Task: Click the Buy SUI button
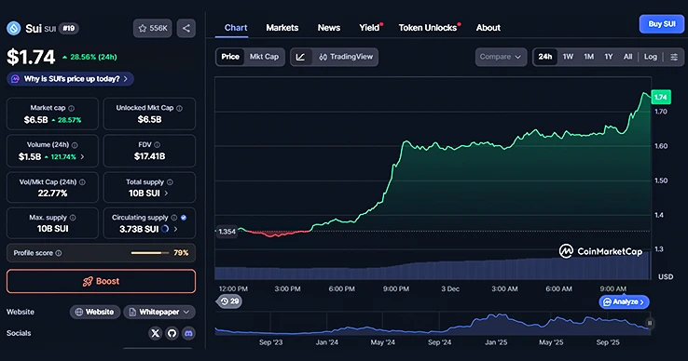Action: coord(661,24)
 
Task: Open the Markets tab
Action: coord(282,28)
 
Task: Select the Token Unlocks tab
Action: coord(429,28)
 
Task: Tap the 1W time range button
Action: coord(568,57)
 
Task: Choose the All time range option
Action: coord(628,57)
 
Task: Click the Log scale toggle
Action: coord(650,57)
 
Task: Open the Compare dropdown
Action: coord(501,57)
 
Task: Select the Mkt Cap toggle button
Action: coord(264,57)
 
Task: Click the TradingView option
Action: coord(346,57)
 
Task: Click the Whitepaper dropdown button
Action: coord(159,312)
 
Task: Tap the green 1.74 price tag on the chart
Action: coord(661,97)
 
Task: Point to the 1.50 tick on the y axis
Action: coord(661,180)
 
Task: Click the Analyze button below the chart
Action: coord(624,301)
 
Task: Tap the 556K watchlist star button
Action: coord(152,28)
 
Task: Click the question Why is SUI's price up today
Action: coord(72,79)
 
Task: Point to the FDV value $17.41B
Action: coord(149,157)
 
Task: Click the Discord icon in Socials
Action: coord(188,332)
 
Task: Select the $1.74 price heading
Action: coord(31,56)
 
